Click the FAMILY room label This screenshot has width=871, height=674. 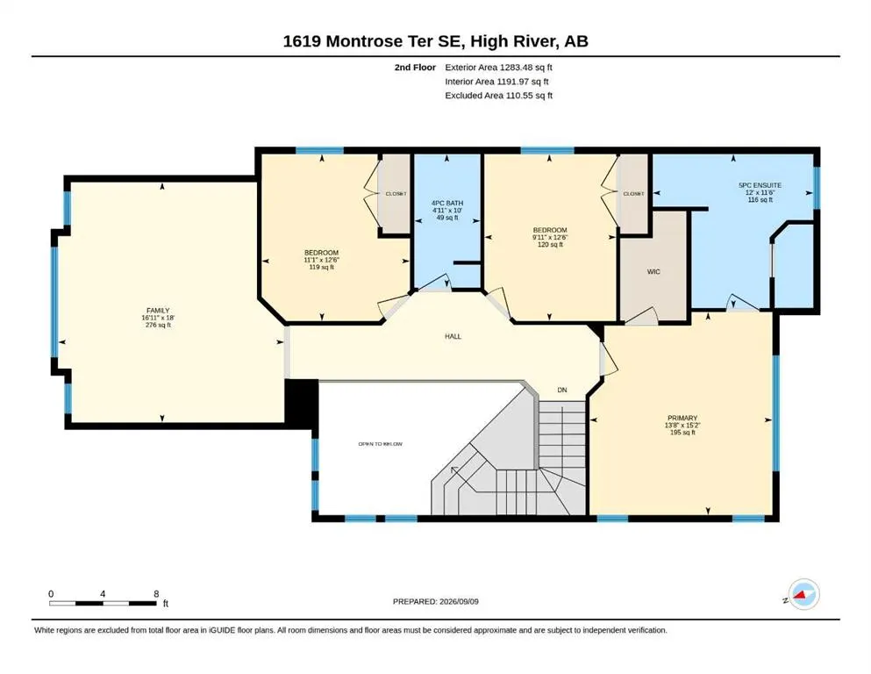point(158,311)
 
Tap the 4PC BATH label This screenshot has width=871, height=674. point(447,204)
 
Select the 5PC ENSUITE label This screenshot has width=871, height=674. point(760,185)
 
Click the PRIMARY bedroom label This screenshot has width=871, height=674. point(682,418)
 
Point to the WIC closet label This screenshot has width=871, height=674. point(653,272)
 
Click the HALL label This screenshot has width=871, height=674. point(453,336)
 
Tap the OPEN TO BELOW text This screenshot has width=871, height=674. point(380,444)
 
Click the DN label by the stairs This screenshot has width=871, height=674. point(562,390)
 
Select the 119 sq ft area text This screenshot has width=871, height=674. point(322,268)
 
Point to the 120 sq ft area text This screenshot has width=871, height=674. point(550,245)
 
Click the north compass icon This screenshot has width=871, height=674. point(803,594)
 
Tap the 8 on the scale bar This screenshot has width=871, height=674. point(156,594)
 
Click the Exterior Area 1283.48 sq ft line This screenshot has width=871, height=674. point(498,68)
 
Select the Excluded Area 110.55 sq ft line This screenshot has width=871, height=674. point(499,95)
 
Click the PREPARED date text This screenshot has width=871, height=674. point(435,601)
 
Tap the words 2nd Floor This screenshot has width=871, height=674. point(415,68)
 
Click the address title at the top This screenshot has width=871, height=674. point(435,41)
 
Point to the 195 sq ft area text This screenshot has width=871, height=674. point(682,433)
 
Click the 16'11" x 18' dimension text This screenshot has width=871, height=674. point(158,318)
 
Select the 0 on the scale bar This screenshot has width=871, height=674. point(51,594)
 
